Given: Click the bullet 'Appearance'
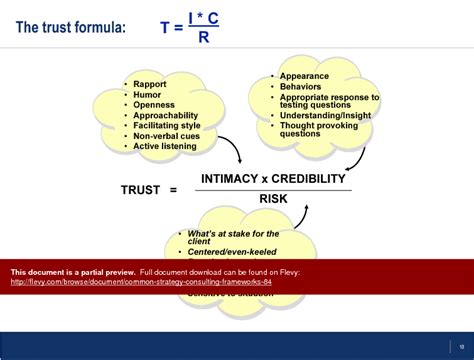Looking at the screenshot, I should tap(304, 76).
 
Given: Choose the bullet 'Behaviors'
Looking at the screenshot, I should tap(301, 86).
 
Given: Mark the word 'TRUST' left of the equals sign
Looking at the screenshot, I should tap(141, 189).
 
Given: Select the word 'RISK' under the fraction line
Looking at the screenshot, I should tap(274, 199).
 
